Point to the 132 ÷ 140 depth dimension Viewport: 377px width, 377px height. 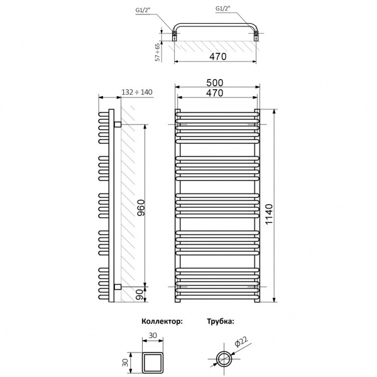(136, 92)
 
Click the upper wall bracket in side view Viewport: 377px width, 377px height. (117, 124)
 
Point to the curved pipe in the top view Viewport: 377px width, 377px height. (216, 25)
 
